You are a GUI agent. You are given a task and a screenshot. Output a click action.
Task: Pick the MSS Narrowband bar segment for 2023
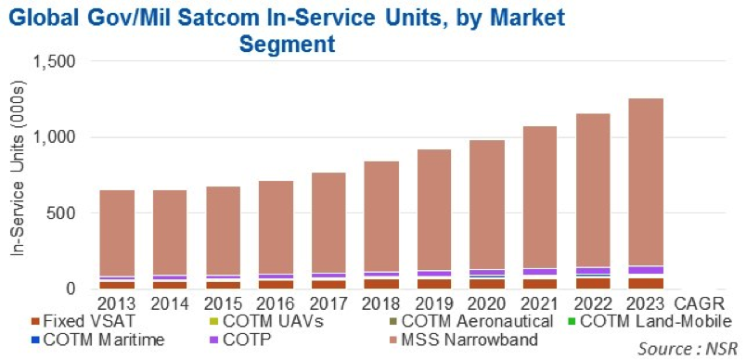[x=646, y=182]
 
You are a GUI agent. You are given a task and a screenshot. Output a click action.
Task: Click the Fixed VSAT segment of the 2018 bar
[x=381, y=284]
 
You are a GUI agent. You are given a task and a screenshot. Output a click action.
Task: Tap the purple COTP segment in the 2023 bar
[x=646, y=270]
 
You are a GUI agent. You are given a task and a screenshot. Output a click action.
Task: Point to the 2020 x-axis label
[x=487, y=302]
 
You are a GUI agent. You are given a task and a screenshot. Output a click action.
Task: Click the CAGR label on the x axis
[x=700, y=302]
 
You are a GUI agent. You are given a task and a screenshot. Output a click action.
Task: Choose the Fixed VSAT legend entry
[x=81, y=321]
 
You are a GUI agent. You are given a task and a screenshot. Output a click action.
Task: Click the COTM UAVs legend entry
[x=266, y=321]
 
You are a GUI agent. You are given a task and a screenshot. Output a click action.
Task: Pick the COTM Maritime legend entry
[x=97, y=340]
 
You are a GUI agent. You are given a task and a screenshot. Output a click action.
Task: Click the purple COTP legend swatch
[x=215, y=340]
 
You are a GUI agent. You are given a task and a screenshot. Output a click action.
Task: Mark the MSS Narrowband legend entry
[x=464, y=340]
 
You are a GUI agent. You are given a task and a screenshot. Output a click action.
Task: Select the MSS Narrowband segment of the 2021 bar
[x=540, y=197]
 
